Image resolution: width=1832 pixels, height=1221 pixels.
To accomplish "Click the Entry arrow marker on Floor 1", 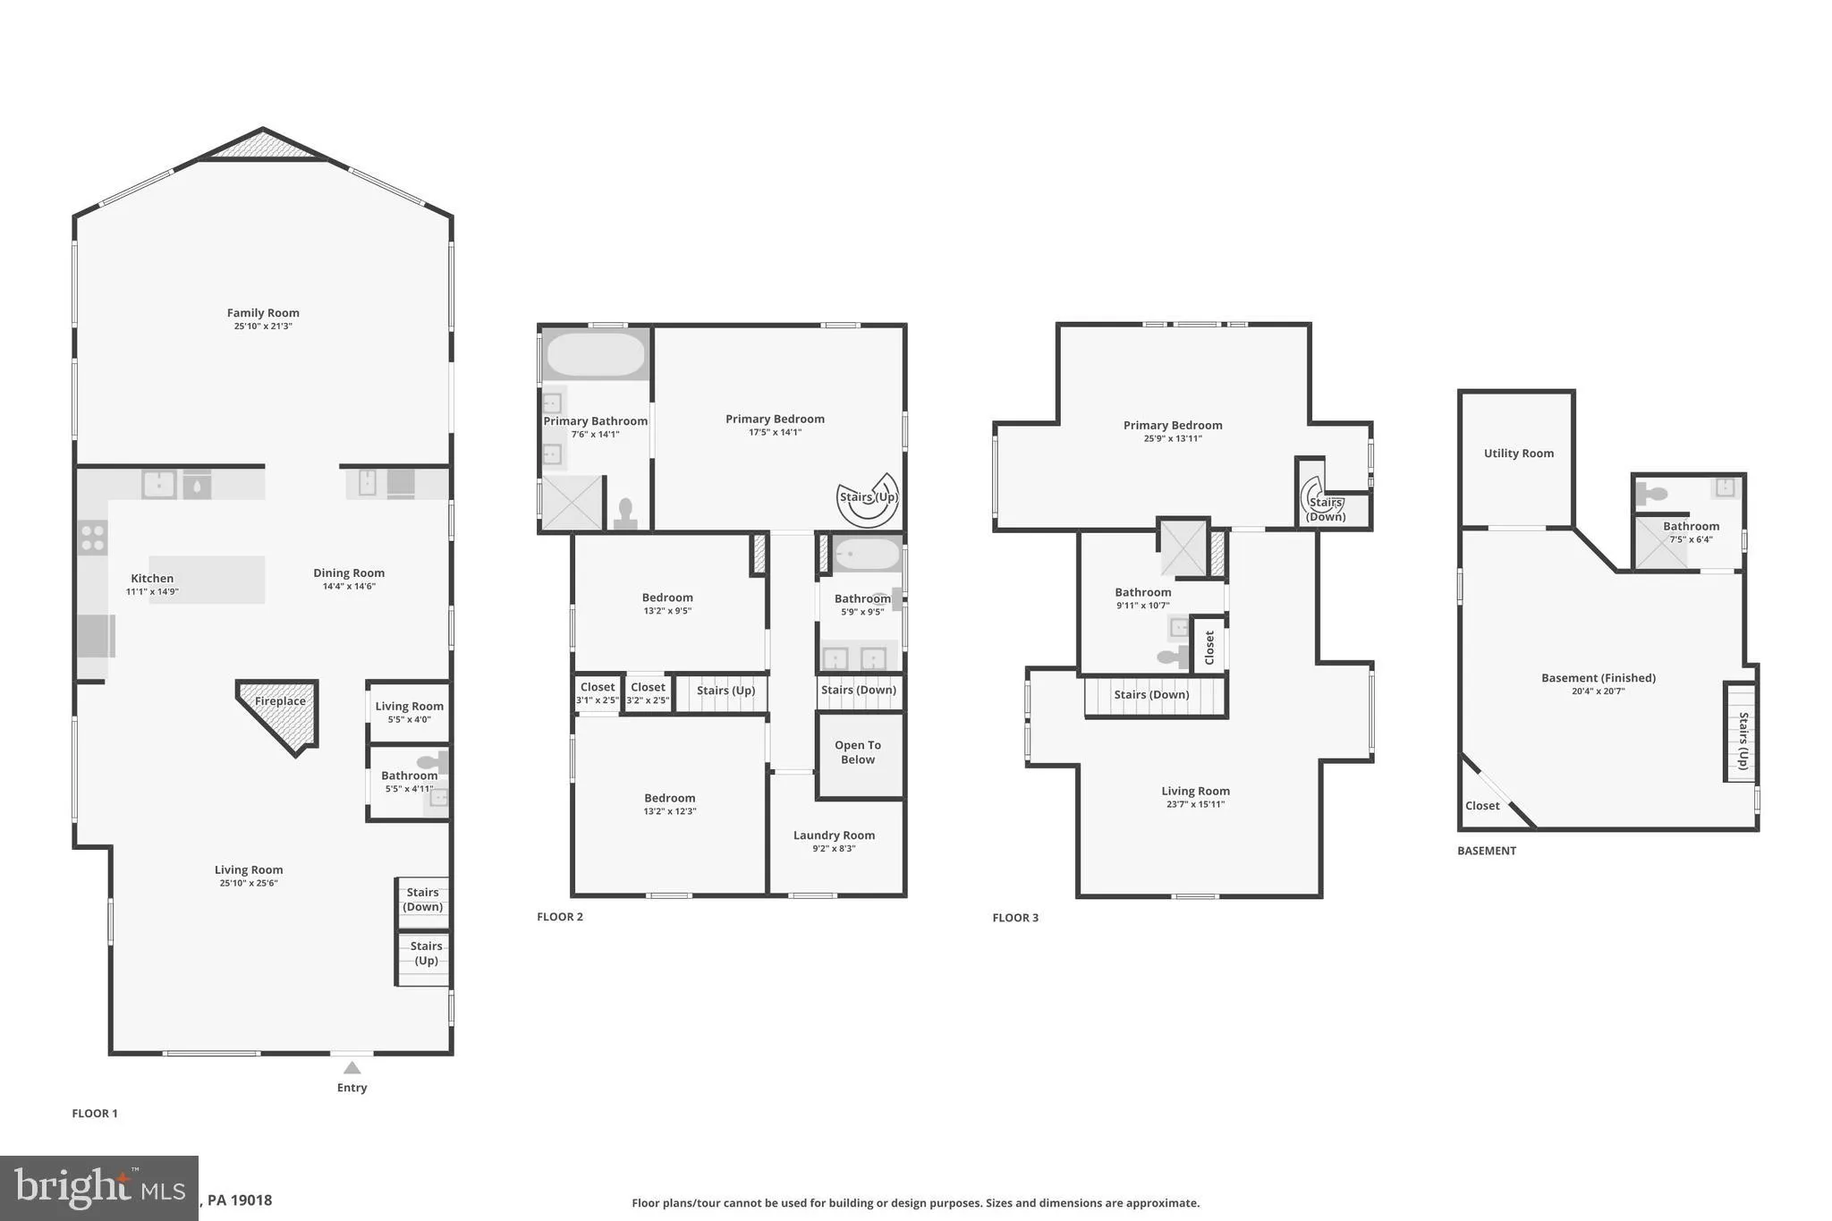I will [x=352, y=1068].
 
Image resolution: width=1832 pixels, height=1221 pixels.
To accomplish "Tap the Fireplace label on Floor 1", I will [x=280, y=701].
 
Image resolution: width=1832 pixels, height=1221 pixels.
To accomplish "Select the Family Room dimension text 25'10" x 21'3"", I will [x=263, y=326].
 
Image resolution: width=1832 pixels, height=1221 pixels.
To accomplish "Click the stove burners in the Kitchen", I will [x=93, y=538].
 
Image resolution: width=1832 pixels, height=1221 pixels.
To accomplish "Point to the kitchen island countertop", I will [x=207, y=580].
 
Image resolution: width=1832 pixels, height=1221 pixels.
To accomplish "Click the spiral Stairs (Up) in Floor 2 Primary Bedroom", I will [x=868, y=499].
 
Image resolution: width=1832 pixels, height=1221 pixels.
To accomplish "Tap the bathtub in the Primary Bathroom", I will [x=595, y=355].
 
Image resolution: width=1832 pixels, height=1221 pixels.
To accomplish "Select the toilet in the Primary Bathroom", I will [x=625, y=513].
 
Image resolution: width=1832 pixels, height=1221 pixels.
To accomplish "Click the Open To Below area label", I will [x=858, y=752].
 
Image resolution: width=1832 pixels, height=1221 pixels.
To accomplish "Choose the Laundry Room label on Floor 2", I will [x=834, y=835].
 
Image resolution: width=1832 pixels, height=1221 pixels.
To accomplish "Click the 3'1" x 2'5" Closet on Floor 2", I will [x=598, y=693].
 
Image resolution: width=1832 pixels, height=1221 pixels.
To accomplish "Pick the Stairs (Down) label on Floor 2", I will [x=858, y=690].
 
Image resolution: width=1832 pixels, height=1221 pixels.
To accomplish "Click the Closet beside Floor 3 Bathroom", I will [x=1209, y=647].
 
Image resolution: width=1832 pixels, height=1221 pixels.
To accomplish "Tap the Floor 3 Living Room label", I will [x=1195, y=791].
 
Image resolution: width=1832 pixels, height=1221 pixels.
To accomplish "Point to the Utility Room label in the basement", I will [x=1518, y=454].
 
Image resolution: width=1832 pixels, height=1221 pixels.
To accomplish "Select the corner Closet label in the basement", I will [x=1482, y=806].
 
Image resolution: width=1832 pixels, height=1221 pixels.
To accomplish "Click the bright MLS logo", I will [x=98, y=1188].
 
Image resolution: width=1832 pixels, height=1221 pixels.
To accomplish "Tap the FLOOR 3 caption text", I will [x=1015, y=918].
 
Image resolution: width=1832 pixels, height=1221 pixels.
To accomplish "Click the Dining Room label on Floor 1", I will [x=349, y=573].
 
